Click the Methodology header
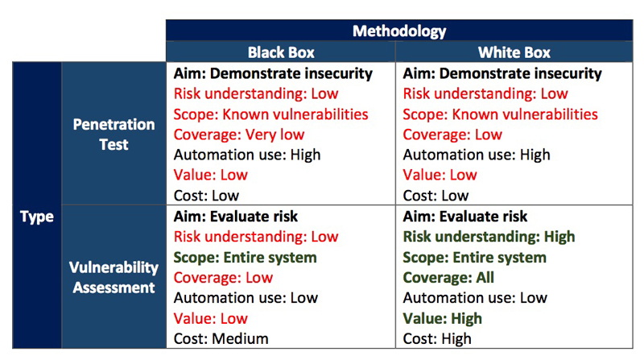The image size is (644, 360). pos(399,31)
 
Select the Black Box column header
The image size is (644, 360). pos(281,52)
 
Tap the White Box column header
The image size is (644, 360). pos(514,52)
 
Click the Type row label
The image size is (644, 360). pos(37,217)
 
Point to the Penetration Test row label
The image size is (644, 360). pos(114,134)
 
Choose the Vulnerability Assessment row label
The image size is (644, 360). pos(114,277)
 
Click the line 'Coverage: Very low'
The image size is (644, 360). pos(238,134)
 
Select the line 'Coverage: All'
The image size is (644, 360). pos(448,277)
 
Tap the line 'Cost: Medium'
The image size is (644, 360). pos(221,338)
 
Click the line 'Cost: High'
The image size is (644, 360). pos(437,338)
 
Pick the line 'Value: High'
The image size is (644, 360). pos(442,318)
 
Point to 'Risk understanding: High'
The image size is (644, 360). pos(489,237)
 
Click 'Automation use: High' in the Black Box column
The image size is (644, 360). pos(247,155)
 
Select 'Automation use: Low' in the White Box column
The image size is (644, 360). pos(475,297)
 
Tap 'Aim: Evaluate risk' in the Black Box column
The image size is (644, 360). pos(235,217)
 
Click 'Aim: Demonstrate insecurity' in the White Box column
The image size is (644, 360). pos(502,73)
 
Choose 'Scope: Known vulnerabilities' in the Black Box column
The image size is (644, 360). pos(270,114)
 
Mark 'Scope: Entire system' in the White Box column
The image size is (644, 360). pos(474,257)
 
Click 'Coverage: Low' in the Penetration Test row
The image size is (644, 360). pos(452,134)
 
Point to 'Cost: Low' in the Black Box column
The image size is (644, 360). pos(206,196)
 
